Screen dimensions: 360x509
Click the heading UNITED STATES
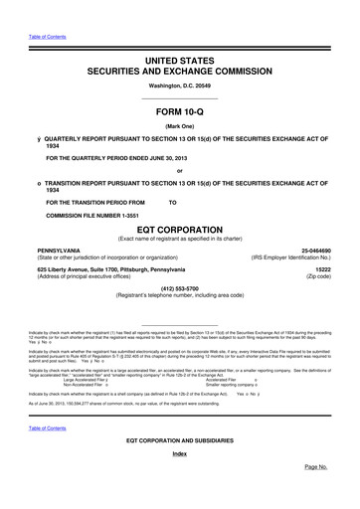click(180, 61)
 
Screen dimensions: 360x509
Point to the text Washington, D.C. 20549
click(180, 88)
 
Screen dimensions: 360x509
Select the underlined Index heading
click(180, 480)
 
